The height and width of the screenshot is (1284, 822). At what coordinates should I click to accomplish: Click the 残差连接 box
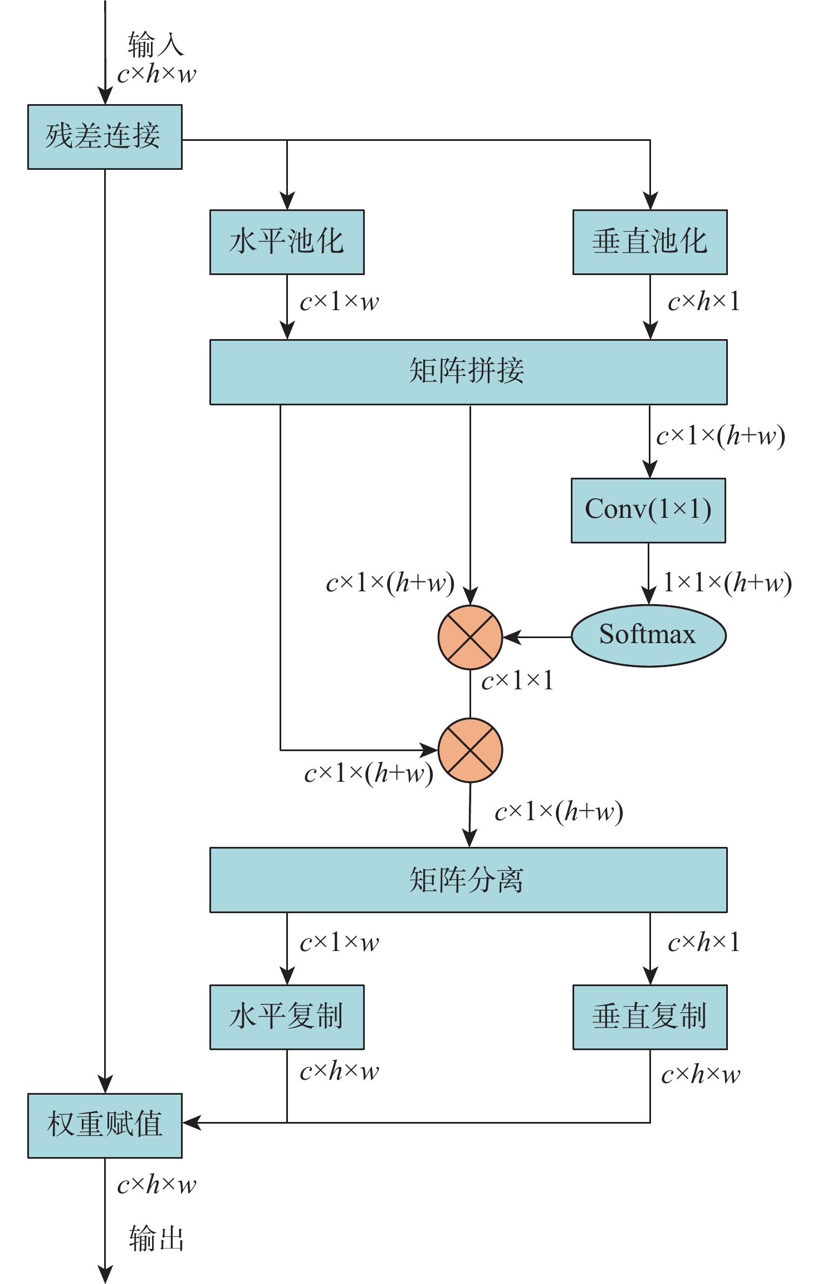pyautogui.click(x=105, y=136)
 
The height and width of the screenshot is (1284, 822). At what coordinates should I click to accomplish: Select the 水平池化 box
pyautogui.click(x=287, y=242)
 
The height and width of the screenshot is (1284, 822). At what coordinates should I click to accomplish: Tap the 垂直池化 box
pyautogui.click(x=650, y=242)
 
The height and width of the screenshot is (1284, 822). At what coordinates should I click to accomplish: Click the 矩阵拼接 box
pyautogui.click(x=468, y=371)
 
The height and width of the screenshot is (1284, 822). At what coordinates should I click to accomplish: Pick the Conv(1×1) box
pyautogui.click(x=648, y=510)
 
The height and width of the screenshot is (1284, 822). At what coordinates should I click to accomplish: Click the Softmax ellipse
pyautogui.click(x=648, y=635)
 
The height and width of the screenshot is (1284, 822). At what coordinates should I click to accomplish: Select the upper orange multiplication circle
pyautogui.click(x=470, y=637)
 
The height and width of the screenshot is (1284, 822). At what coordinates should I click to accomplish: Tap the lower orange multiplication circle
pyautogui.click(x=470, y=750)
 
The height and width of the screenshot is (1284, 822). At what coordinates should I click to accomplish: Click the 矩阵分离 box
pyautogui.click(x=468, y=880)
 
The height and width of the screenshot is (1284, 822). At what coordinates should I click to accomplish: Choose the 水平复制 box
pyautogui.click(x=287, y=1017)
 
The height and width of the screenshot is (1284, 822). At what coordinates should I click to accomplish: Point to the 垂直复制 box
pyautogui.click(x=650, y=1017)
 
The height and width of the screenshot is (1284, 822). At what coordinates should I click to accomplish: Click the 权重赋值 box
pyautogui.click(x=105, y=1125)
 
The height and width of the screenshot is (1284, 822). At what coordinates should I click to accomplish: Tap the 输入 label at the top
pyautogui.click(x=155, y=45)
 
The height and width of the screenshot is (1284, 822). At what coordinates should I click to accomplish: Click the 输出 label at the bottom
pyautogui.click(x=156, y=1239)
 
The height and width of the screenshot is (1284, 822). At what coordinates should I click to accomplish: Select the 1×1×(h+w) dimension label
pyautogui.click(x=727, y=582)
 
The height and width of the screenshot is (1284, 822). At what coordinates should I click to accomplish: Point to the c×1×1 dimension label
pyautogui.click(x=517, y=680)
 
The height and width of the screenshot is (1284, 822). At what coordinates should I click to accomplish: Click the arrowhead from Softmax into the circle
pyautogui.click(x=511, y=637)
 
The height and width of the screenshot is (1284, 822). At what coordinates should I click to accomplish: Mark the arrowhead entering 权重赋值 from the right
pyautogui.click(x=191, y=1123)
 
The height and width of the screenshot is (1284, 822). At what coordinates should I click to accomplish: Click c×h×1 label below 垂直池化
pyautogui.click(x=704, y=302)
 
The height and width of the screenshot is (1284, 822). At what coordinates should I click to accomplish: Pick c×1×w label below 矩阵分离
pyautogui.click(x=339, y=942)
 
